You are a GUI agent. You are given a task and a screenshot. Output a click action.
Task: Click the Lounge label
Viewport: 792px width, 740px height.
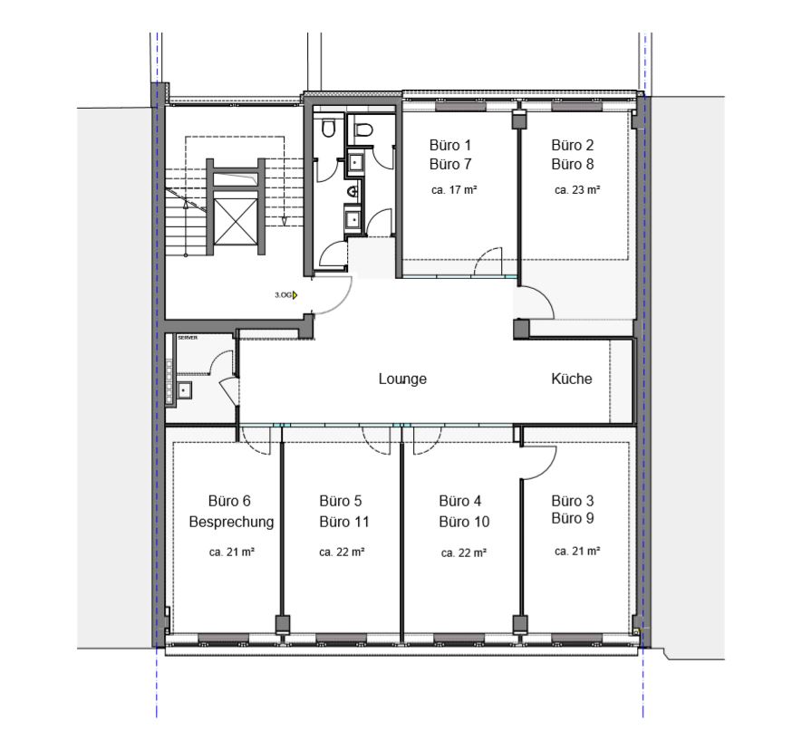[402, 379]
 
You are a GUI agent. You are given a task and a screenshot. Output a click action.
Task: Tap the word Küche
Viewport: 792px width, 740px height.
[571, 379]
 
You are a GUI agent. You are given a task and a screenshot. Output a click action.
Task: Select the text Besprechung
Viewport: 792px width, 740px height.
[231, 522]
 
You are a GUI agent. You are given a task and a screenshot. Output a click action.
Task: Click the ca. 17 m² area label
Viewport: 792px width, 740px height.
[454, 190]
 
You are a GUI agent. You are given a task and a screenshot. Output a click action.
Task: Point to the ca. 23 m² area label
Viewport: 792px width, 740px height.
[577, 190]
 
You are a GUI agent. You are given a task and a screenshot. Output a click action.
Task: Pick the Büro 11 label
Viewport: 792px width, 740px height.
[344, 522]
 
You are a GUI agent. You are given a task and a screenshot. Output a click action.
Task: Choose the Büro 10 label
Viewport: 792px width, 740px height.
[464, 522]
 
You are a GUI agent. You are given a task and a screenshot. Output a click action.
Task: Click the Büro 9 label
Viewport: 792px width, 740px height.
[573, 518]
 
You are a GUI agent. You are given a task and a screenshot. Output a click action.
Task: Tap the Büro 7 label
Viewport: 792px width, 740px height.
[450, 164]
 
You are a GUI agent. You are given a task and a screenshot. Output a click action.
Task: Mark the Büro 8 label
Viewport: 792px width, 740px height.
[573, 164]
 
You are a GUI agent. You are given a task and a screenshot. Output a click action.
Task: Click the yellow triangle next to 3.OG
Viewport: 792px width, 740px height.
[295, 294]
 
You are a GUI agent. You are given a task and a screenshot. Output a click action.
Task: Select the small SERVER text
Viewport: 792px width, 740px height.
[188, 338]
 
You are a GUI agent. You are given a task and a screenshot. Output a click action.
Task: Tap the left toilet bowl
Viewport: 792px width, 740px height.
[328, 129]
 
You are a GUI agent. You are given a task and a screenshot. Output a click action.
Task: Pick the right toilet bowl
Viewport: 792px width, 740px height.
[363, 130]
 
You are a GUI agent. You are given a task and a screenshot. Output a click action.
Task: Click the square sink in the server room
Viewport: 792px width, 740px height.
[183, 389]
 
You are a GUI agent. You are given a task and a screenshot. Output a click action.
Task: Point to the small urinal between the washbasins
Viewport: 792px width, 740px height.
[353, 192]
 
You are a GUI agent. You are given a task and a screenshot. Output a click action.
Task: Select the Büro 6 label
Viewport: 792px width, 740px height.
[229, 501]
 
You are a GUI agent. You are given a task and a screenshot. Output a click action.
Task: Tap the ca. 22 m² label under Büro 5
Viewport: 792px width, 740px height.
[342, 553]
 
